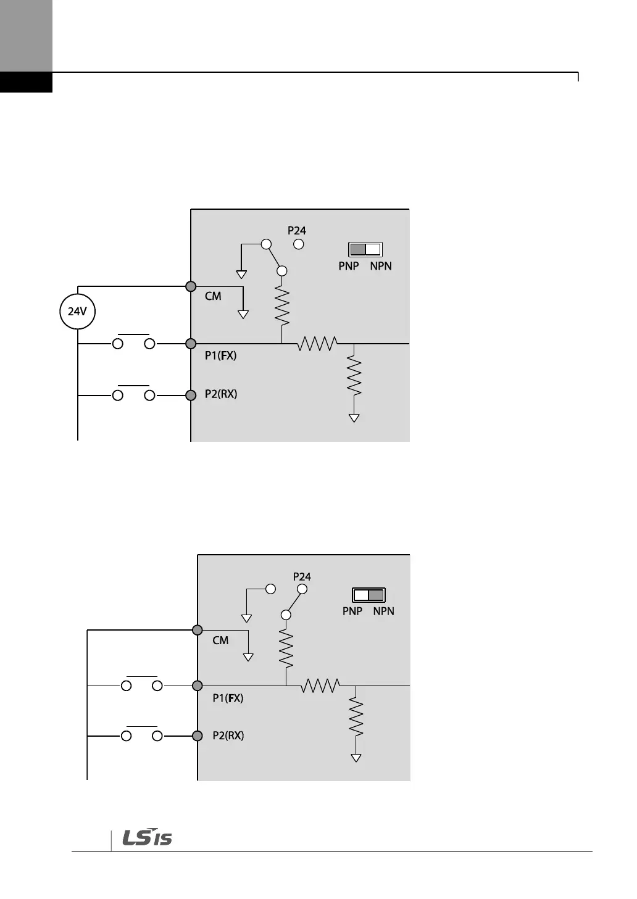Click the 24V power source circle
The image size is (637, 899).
pyautogui.click(x=77, y=312)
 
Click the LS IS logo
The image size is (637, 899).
pyautogui.click(x=147, y=837)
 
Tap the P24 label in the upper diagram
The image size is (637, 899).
pyautogui.click(x=297, y=231)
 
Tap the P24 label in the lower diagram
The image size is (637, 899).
pyautogui.click(x=302, y=577)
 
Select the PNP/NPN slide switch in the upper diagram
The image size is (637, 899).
pyautogui.click(x=365, y=249)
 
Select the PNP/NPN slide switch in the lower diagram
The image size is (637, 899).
pyautogui.click(x=369, y=595)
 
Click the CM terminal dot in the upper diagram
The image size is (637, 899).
pyautogui.click(x=191, y=286)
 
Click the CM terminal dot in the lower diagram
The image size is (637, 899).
pyautogui.click(x=198, y=630)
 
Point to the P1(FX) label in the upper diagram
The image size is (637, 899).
pyautogui.click(x=220, y=355)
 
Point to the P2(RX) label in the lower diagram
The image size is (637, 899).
pyautogui.click(x=228, y=735)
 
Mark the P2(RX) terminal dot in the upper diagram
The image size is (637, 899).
pyautogui.click(x=191, y=395)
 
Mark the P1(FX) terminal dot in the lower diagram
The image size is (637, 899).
pyautogui.click(x=198, y=686)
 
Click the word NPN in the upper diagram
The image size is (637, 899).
pyautogui.click(x=381, y=266)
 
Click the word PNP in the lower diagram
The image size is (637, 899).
pyautogui.click(x=352, y=611)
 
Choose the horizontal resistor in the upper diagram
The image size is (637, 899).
pyautogui.click(x=317, y=344)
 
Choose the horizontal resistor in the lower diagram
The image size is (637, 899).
pyautogui.click(x=321, y=686)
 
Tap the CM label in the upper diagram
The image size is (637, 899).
pyautogui.click(x=213, y=296)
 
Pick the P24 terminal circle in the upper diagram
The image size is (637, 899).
pyautogui.click(x=299, y=244)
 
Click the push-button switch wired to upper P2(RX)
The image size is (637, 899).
pyautogui.click(x=133, y=394)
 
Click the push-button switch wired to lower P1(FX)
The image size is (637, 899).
pyautogui.click(x=142, y=684)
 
